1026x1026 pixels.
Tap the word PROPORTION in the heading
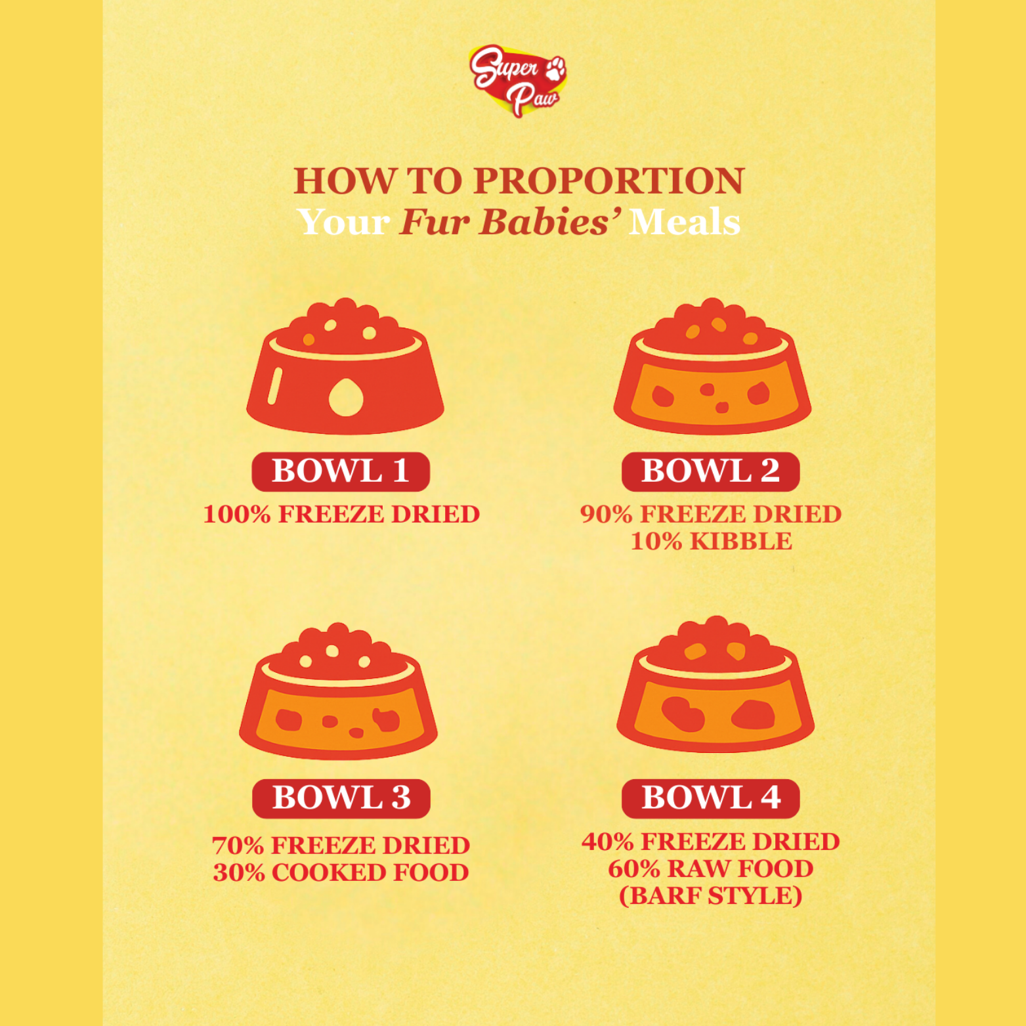click(x=609, y=181)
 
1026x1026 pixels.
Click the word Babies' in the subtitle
click(x=550, y=222)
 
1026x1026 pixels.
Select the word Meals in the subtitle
click(x=685, y=222)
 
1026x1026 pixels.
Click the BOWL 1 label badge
click(x=341, y=471)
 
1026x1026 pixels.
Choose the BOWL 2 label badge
click(x=710, y=471)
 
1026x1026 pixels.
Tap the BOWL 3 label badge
click(x=341, y=798)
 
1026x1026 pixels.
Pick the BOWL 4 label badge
click(x=711, y=798)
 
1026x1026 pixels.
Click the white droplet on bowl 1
click(x=346, y=397)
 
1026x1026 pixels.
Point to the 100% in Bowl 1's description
click(x=237, y=514)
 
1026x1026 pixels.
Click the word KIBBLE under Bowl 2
click(x=741, y=542)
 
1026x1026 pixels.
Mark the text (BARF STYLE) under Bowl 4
click(x=711, y=896)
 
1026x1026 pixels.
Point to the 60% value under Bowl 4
click(x=634, y=869)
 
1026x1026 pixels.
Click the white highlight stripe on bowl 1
click(x=274, y=385)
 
